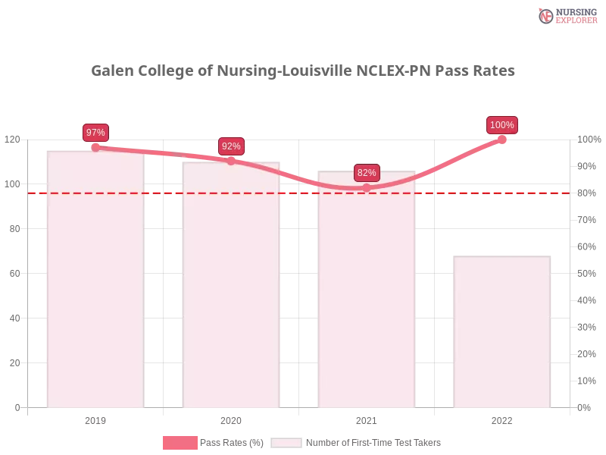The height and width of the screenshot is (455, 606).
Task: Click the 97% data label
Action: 95,133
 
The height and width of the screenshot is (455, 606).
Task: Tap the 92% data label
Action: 231,146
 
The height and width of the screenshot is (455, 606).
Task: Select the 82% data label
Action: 367,173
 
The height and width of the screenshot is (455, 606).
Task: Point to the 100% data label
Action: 502,125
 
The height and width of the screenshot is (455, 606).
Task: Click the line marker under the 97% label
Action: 95,147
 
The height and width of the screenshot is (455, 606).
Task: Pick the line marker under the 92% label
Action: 231,161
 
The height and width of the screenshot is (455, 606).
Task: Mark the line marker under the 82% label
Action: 367,187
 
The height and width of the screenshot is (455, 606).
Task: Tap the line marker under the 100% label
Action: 501,140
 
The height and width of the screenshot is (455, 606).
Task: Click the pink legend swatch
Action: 180,442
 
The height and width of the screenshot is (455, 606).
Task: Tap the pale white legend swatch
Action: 286,442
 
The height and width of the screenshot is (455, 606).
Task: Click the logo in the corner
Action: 566,15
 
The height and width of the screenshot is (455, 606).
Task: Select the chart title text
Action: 303,71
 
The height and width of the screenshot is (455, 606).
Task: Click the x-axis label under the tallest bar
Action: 96,419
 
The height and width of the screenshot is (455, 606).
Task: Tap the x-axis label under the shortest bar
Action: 501,419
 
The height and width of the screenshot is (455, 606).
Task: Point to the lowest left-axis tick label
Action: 17,407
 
